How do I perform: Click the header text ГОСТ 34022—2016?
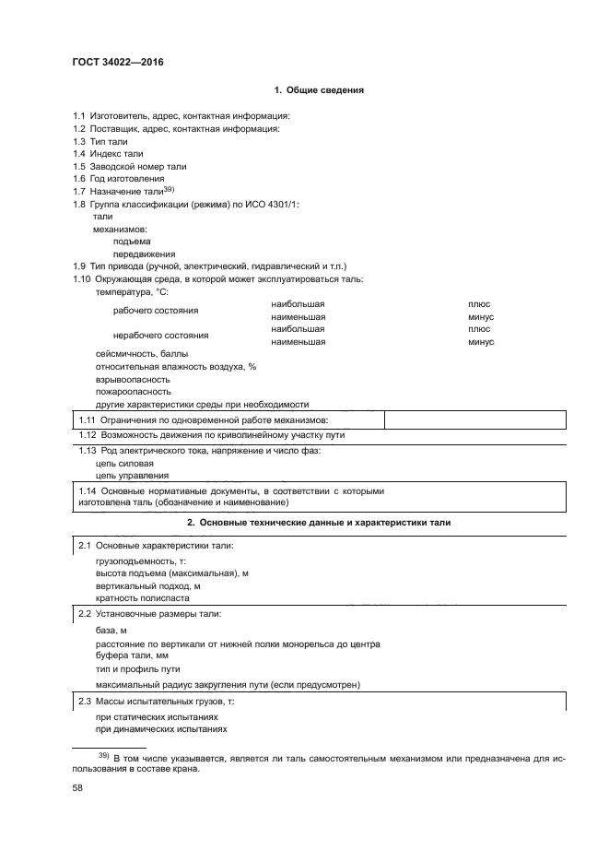[111, 63]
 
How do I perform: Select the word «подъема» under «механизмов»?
[131, 241]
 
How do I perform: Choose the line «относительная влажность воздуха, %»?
[175, 367]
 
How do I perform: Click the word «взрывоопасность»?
[133, 379]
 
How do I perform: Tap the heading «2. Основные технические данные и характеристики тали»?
[319, 523]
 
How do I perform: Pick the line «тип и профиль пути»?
[137, 668]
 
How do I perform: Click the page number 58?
[78, 788]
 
